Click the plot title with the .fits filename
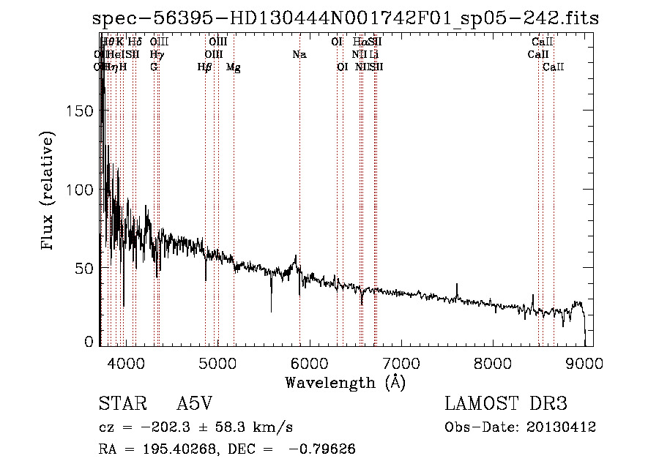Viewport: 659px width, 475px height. click(346, 19)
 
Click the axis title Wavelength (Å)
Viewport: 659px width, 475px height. click(345, 383)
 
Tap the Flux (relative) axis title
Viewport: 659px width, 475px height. click(48, 192)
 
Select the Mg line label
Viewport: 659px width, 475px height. click(234, 67)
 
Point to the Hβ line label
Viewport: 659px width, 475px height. click(204, 67)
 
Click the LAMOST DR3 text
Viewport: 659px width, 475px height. click(506, 404)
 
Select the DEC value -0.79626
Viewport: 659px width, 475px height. click(323, 449)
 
